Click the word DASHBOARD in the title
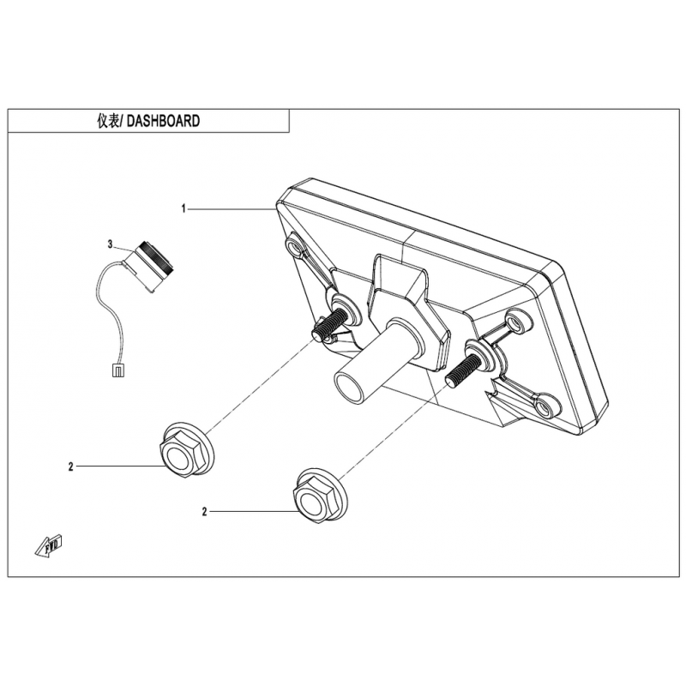pos(163,121)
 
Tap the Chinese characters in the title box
pos(108,121)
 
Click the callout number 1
pos(184,209)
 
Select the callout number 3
pos(111,244)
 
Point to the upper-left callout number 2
pos(71,466)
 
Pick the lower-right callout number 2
pos(204,512)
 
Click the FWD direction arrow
pos(49,545)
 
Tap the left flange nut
pos(186,449)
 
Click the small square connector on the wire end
pos(117,370)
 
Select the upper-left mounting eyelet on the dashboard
pos(295,247)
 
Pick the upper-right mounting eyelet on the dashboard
pos(520,324)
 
